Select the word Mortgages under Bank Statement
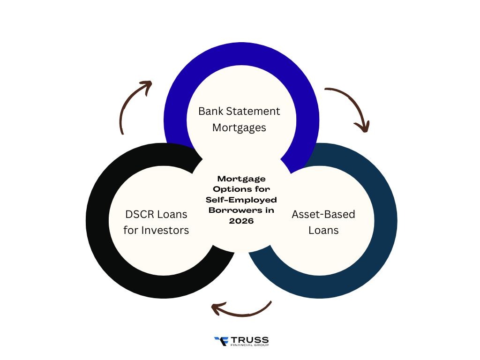click(x=239, y=127)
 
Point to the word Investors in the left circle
click(x=165, y=231)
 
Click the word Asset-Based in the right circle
click(x=323, y=215)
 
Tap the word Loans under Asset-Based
click(x=323, y=231)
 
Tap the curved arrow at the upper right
click(x=349, y=107)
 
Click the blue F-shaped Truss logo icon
click(x=220, y=341)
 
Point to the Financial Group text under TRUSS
click(x=249, y=345)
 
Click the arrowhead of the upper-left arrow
click(x=146, y=85)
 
